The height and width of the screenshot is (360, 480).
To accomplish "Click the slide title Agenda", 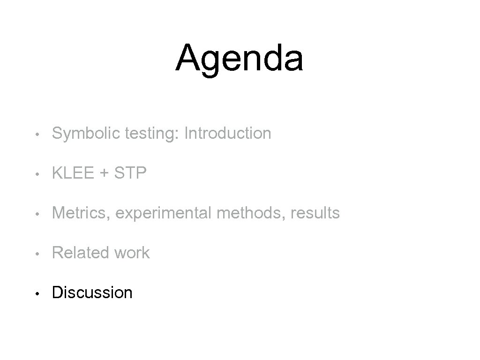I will click(x=240, y=58).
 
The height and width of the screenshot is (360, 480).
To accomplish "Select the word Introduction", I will click(x=228, y=133).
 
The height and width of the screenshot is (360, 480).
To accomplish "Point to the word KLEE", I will click(x=73, y=173).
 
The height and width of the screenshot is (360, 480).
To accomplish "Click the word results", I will click(x=315, y=213).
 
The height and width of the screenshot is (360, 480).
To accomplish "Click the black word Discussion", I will click(x=92, y=292).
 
